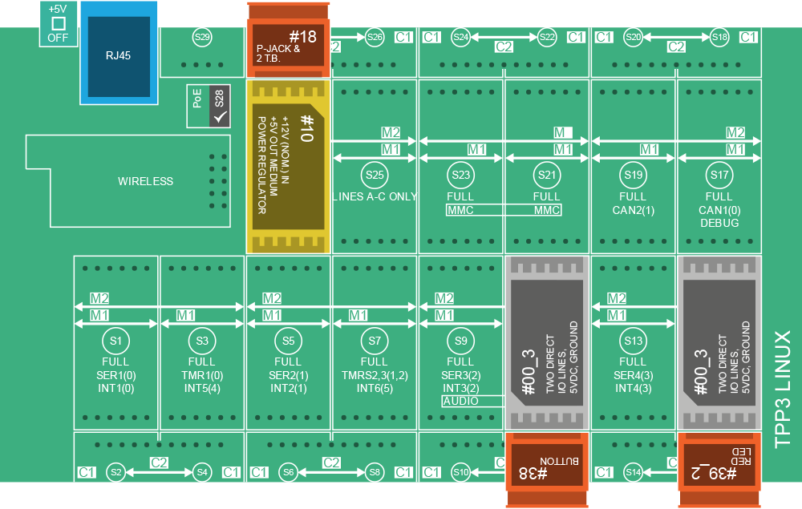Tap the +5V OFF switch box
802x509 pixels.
point(58,24)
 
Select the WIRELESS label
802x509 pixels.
point(145,181)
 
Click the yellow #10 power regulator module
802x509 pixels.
point(288,165)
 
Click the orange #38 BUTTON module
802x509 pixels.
point(546,471)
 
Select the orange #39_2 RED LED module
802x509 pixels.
point(719,471)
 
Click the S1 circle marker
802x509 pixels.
point(115,341)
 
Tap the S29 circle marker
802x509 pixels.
point(202,37)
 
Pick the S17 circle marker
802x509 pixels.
point(719,174)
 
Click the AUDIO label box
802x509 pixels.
point(460,401)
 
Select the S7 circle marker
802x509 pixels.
point(375,341)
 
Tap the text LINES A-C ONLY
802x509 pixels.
point(375,197)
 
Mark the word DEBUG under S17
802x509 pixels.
point(719,223)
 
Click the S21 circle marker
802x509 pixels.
point(547,174)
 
